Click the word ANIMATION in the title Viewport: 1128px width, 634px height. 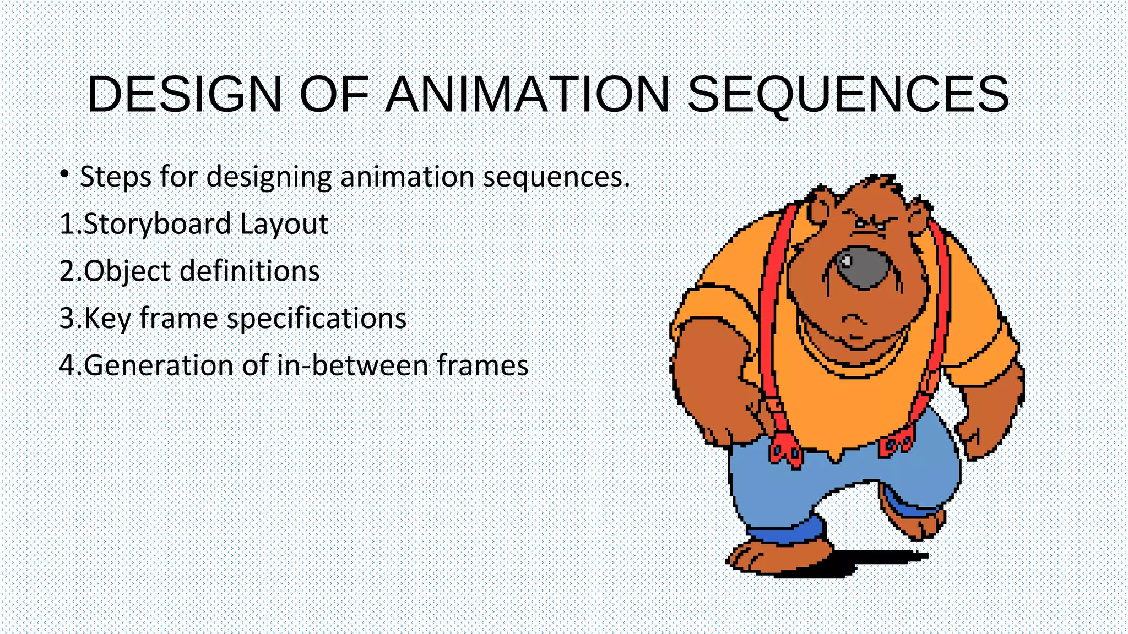coord(528,95)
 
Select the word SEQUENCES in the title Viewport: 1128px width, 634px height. coord(848,95)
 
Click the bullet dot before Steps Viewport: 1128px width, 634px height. coord(65,174)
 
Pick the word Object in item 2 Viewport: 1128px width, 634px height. coord(127,271)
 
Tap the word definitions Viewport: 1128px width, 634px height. coord(250,271)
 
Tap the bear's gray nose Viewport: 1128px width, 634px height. coord(863,267)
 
